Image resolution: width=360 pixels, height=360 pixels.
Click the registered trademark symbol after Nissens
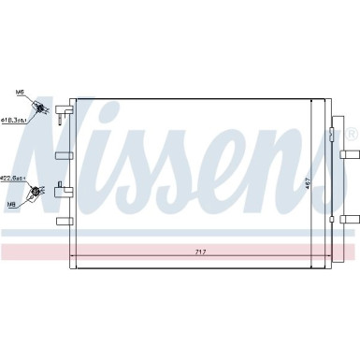pos(351,135)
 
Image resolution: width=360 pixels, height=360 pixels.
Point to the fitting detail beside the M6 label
pos(41,108)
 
